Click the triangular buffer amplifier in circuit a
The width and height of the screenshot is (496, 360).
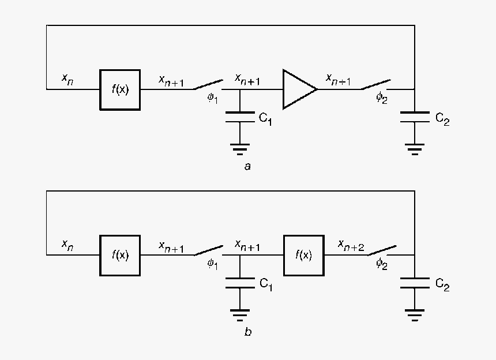coord(298,89)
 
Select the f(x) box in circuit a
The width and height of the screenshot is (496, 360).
coord(120,89)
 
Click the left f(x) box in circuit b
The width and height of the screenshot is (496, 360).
coord(120,255)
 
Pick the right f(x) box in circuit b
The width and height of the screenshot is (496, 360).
coord(303,255)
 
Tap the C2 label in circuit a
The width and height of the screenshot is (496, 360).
coord(442,119)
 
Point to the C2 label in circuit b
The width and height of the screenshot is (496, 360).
coord(442,285)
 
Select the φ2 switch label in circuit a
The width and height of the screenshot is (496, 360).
coord(382,97)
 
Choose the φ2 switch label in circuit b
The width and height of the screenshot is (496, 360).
coord(382,263)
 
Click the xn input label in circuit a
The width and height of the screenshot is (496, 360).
coord(67,78)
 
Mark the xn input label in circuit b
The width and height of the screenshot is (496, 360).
coord(67,245)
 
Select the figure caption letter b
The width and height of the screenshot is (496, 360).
coord(247,332)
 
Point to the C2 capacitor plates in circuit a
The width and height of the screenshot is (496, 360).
coord(414,117)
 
